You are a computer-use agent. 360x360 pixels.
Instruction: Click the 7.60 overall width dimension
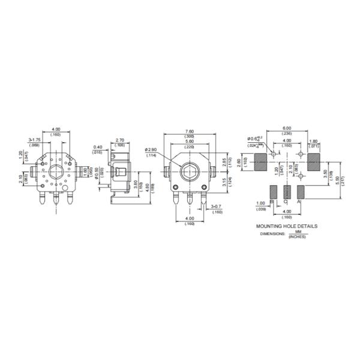click(190, 132)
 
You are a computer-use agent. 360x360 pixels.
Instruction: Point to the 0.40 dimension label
click(97, 147)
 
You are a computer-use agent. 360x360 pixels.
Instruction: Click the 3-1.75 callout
click(34, 140)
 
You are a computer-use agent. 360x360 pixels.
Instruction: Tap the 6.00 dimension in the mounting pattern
click(287, 128)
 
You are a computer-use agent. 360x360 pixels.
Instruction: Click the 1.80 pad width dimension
click(314, 141)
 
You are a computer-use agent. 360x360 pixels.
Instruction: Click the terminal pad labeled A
click(301, 192)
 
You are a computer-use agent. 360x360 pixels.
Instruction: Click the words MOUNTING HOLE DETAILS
click(287, 226)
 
